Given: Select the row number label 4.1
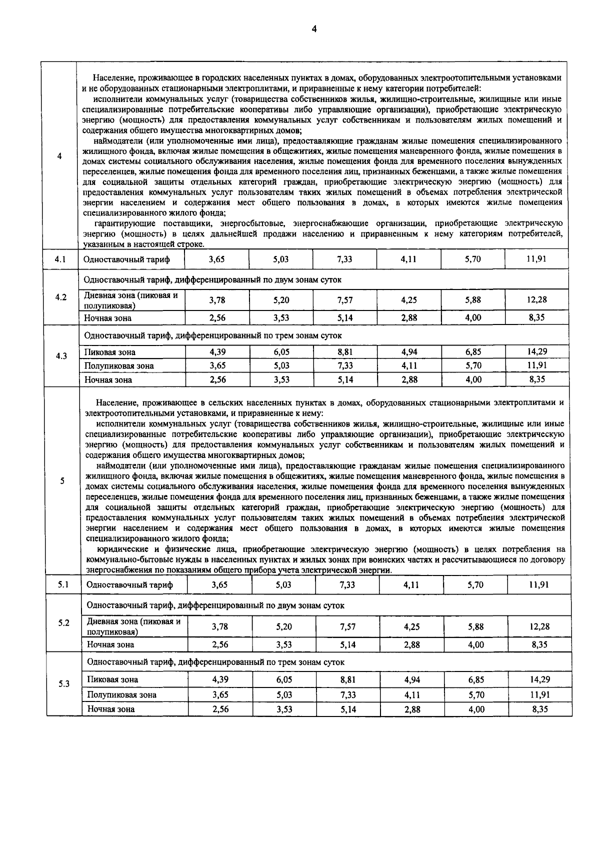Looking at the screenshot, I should click(60, 259).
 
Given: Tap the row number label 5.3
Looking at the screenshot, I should click(63, 684).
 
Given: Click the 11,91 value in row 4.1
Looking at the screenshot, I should click(536, 259).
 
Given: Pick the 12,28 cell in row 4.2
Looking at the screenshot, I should click(536, 299).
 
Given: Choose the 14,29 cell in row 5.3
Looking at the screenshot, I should click(539, 679).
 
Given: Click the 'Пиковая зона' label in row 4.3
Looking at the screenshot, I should click(109, 352).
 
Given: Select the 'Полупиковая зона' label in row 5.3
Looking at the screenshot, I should click(121, 694).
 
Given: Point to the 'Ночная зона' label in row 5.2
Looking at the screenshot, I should click(110, 644).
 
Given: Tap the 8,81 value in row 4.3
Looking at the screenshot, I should click(345, 351).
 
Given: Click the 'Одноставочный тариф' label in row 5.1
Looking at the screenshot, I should click(129, 584).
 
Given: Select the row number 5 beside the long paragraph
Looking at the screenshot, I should click(62, 481).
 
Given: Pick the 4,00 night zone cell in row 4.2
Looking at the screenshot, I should click(473, 317).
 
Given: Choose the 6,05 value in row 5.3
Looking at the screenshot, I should click(284, 679).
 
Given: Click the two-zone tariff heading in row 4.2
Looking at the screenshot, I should click(212, 279).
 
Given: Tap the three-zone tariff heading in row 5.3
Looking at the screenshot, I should click(215, 662).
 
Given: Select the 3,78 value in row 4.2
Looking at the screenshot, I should click(217, 299).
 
